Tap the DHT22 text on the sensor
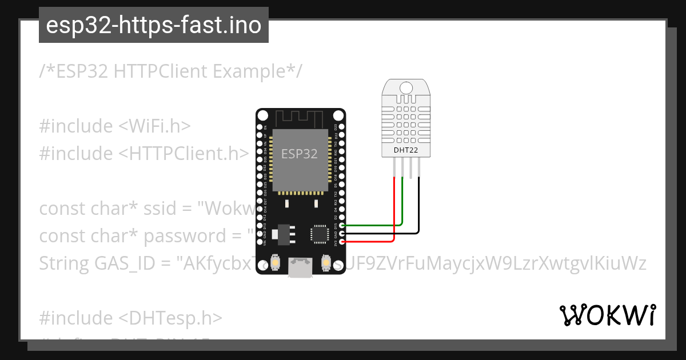pyautogui.click(x=405, y=150)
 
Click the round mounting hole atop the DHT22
pyautogui.click(x=405, y=87)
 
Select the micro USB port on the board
pyautogui.click(x=301, y=269)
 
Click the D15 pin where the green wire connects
pyautogui.click(x=342, y=225)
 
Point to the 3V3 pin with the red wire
pyautogui.click(x=342, y=242)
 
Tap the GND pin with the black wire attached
pyautogui.click(x=342, y=233)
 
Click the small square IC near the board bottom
pyautogui.click(x=318, y=234)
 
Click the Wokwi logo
pyautogui.click(x=608, y=315)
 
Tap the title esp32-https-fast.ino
pyautogui.click(x=153, y=25)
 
